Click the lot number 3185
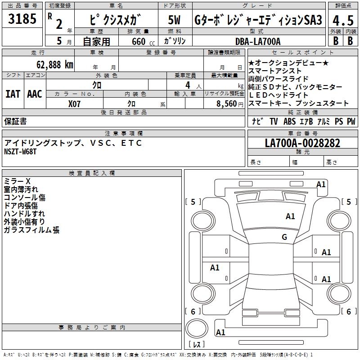(22, 19)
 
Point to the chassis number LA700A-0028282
(302, 143)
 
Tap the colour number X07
(75, 103)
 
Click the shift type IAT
(13, 94)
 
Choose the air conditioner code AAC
(34, 94)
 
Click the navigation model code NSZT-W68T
(20, 152)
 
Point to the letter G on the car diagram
(284, 237)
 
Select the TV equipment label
(274, 121)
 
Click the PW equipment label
(351, 121)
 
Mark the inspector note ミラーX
(17, 181)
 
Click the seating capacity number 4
(187, 85)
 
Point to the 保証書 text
(15, 121)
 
